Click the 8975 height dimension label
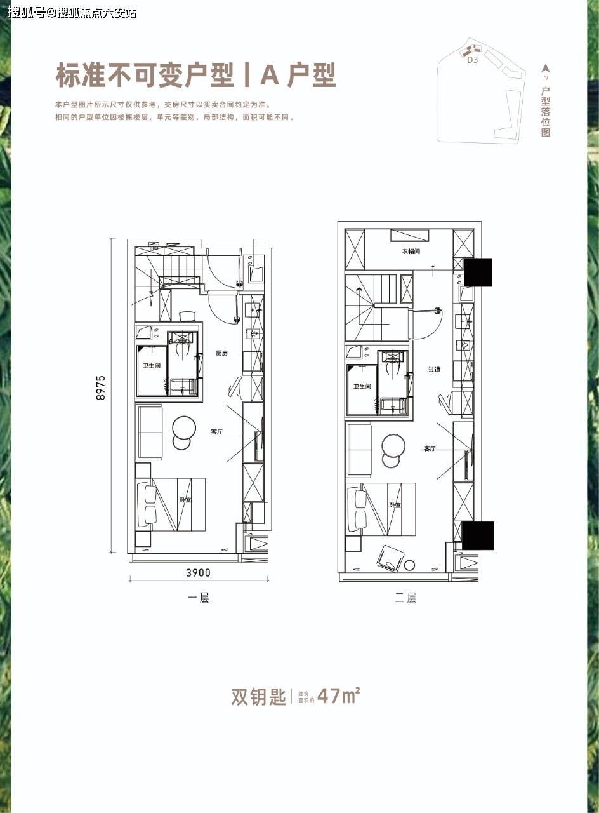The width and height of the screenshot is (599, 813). pos(101,388)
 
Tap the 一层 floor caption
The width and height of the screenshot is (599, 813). pos(199,598)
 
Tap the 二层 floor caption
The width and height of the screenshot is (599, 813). pos(405,598)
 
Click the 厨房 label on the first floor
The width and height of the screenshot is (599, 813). pos(221,353)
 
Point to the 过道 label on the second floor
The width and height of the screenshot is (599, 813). pos(434,369)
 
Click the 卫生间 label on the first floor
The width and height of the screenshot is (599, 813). pos(151,365)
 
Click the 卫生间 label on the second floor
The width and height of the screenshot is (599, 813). pos(362,386)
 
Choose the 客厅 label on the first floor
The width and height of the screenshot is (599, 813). pos(217,432)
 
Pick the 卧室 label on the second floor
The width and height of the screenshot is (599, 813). pos(395,506)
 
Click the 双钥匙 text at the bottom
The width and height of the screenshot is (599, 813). pos(258,697)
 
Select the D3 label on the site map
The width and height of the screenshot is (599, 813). pos(472,61)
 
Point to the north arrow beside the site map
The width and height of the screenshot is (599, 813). pos(546,68)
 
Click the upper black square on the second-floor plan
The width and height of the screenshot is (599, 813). pos(478,272)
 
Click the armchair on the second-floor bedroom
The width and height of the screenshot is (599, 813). pos(388,557)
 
